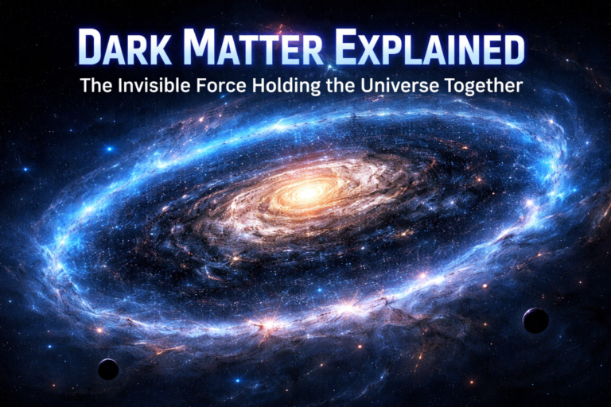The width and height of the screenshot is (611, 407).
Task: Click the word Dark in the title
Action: tap(125, 49)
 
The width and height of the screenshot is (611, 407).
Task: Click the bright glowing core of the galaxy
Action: tap(307, 191)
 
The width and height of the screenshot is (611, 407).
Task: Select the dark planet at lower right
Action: tap(535, 320)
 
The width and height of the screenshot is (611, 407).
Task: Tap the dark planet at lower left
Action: tap(108, 369)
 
